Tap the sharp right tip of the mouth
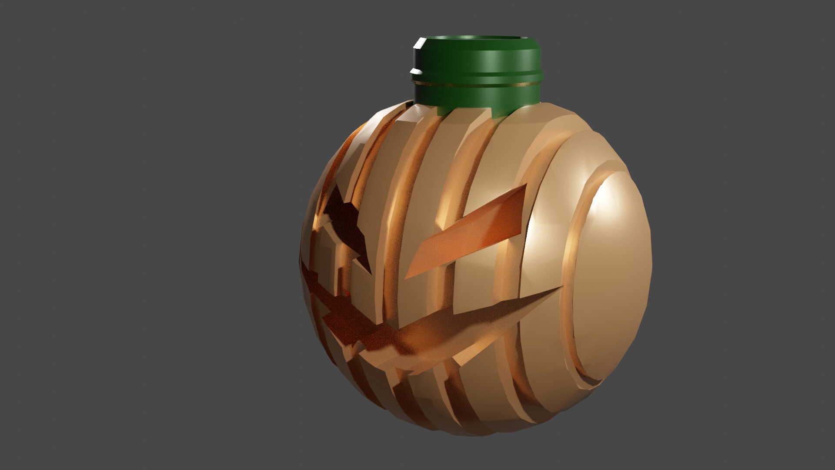pos(562,286)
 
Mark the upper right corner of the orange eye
pos(526,185)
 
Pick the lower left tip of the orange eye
pos(406,278)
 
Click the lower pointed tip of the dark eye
pos(370,273)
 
